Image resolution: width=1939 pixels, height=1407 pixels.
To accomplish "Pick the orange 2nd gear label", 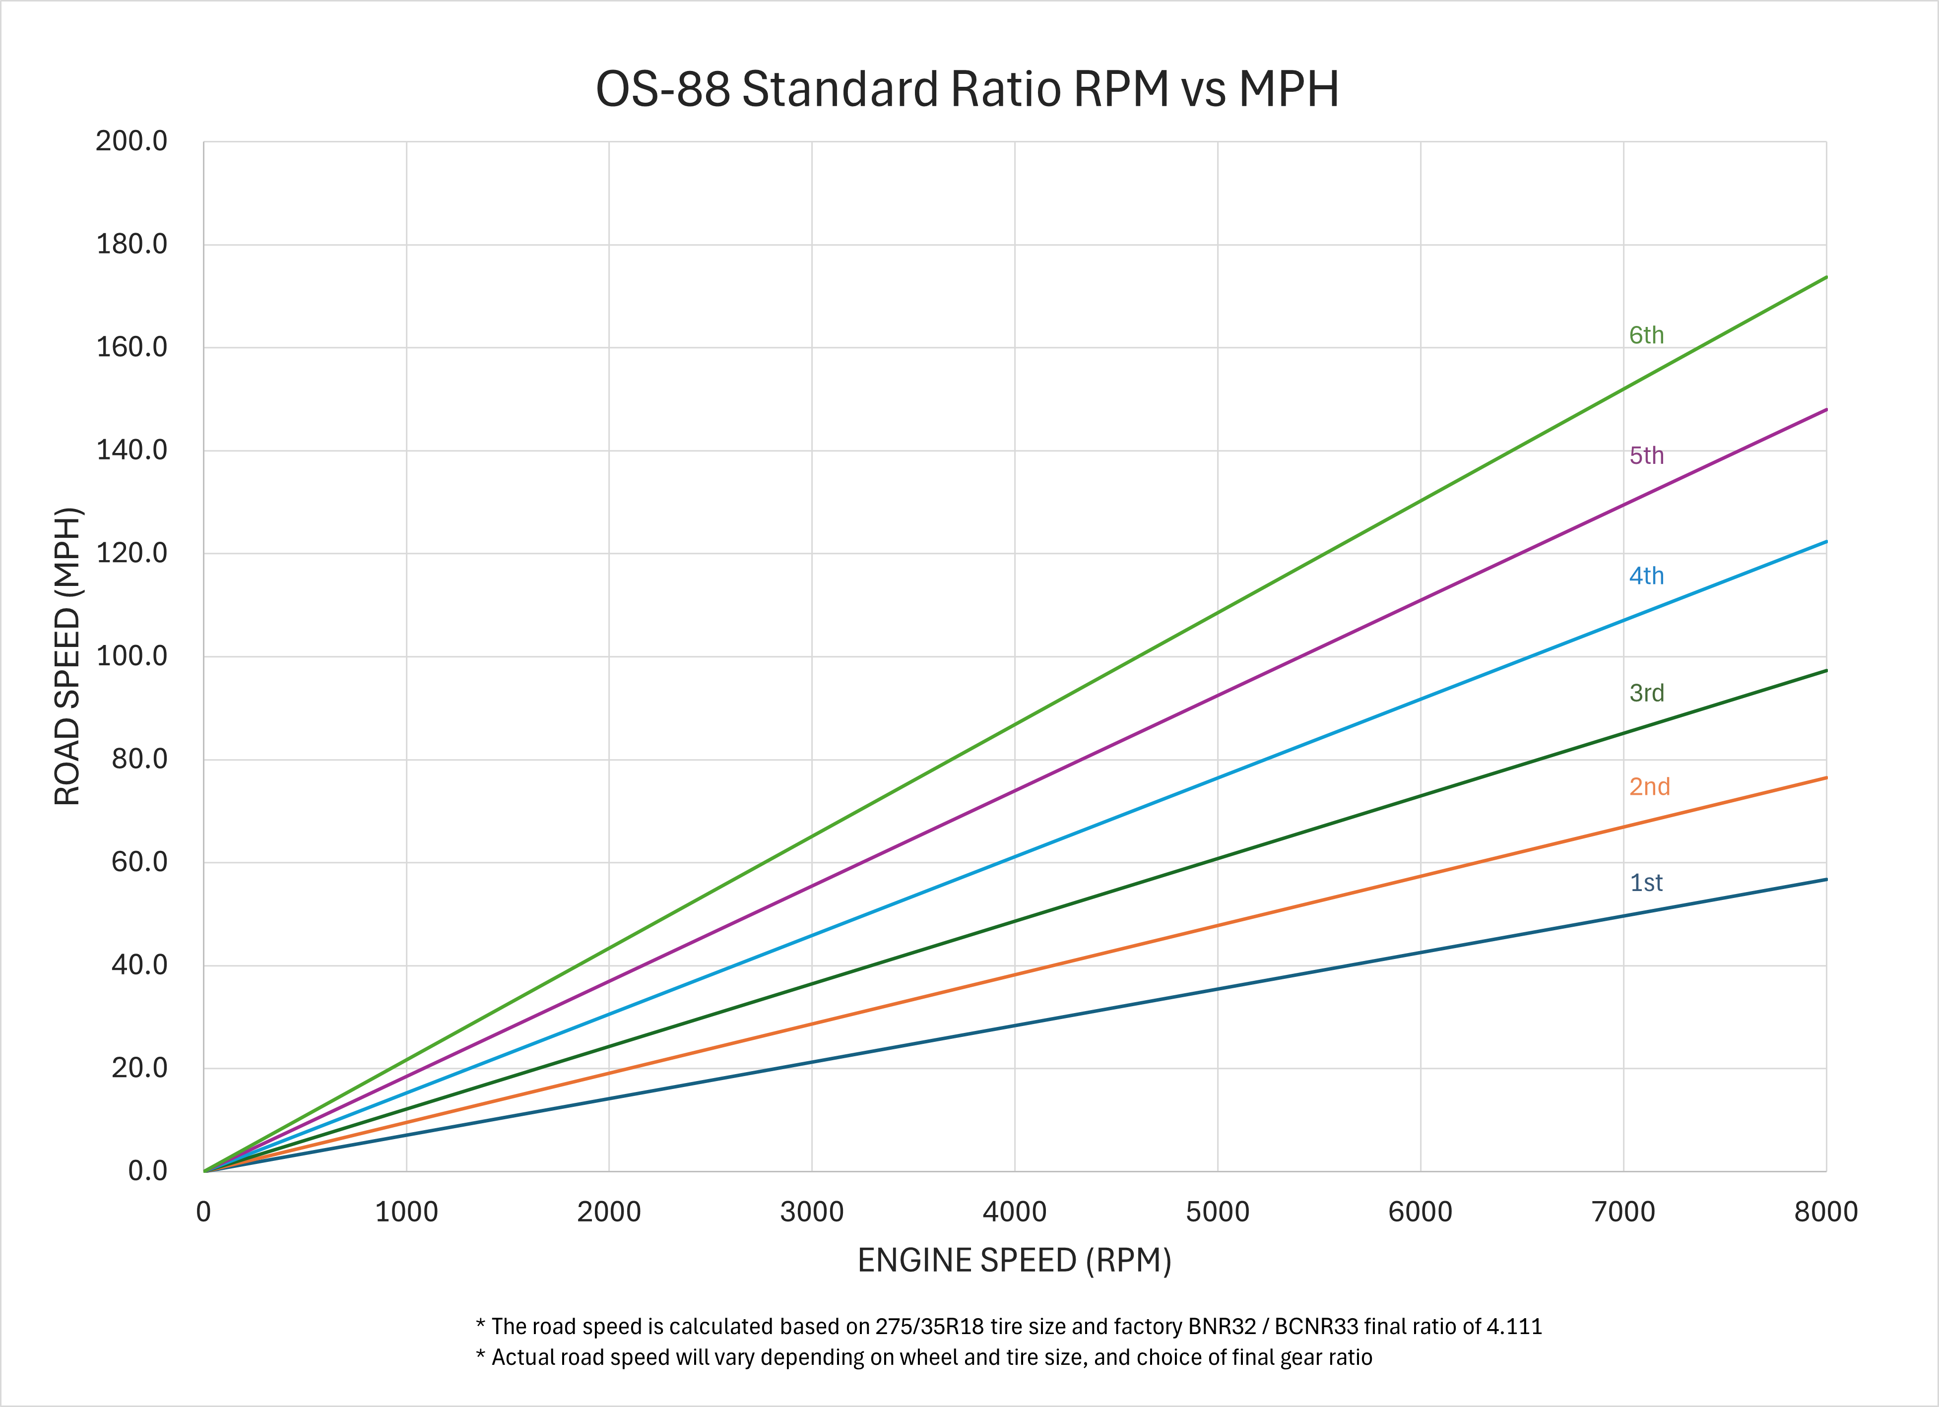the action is pos(1649,786).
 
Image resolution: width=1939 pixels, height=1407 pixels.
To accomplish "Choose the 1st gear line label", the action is pos(1646,883).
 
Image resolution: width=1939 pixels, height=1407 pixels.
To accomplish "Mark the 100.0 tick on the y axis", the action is pos(131,656).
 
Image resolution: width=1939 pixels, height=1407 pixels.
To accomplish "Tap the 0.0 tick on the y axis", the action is pos(148,1171).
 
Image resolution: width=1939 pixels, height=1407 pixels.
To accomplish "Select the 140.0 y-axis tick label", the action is pos(131,450).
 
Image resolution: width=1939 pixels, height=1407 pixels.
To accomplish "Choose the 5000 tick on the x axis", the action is pos(1218,1212).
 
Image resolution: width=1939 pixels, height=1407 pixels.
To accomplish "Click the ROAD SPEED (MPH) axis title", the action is pos(66,656).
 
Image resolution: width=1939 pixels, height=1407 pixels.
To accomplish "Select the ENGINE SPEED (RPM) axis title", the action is pos(1014,1261).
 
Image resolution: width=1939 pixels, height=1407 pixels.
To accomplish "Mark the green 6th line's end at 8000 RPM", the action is pos(1826,277).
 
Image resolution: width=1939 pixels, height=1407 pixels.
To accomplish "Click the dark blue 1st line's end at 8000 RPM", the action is pos(1826,880).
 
